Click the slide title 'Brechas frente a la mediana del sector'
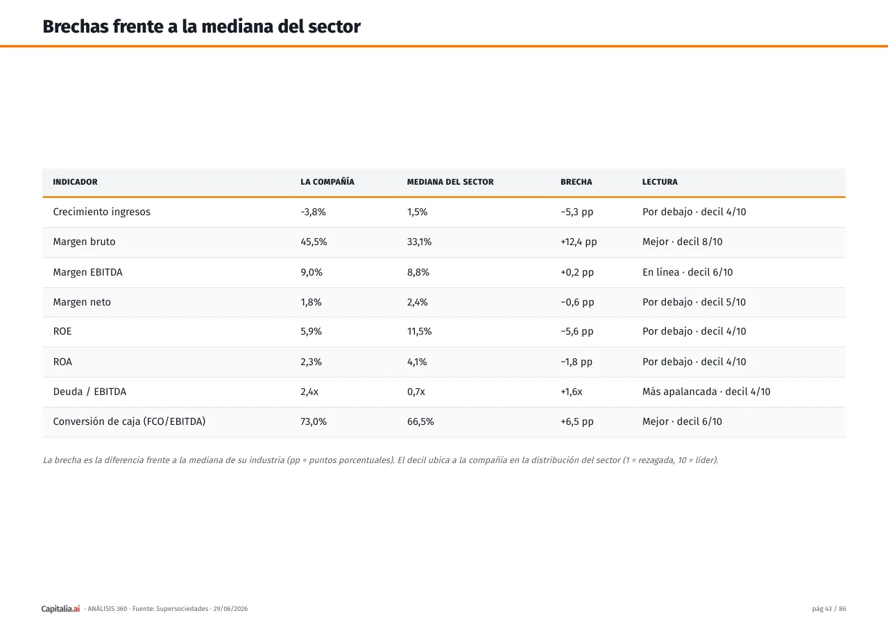(x=201, y=27)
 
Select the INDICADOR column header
(x=76, y=182)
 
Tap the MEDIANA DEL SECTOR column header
(x=450, y=182)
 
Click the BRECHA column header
(x=576, y=182)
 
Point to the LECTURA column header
(x=660, y=182)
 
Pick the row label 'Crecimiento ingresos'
(x=102, y=212)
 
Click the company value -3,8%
(x=313, y=212)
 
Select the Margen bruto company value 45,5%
(x=314, y=242)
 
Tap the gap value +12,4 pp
(x=579, y=242)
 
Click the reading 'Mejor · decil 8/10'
(x=683, y=242)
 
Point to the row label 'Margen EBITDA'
(x=87, y=272)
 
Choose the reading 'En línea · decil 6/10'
(x=688, y=272)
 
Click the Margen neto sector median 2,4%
(x=418, y=302)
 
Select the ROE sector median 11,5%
(x=420, y=332)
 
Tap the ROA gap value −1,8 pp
(x=577, y=362)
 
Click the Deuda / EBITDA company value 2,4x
(x=309, y=392)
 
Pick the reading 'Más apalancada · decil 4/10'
(x=706, y=392)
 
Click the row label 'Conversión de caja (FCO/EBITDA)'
(x=129, y=421)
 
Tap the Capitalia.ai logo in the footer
(x=60, y=609)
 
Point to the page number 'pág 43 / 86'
(x=829, y=609)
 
